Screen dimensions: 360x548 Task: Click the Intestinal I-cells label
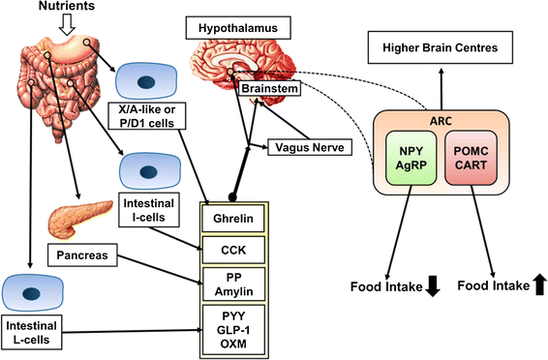pyautogui.click(x=148, y=210)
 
